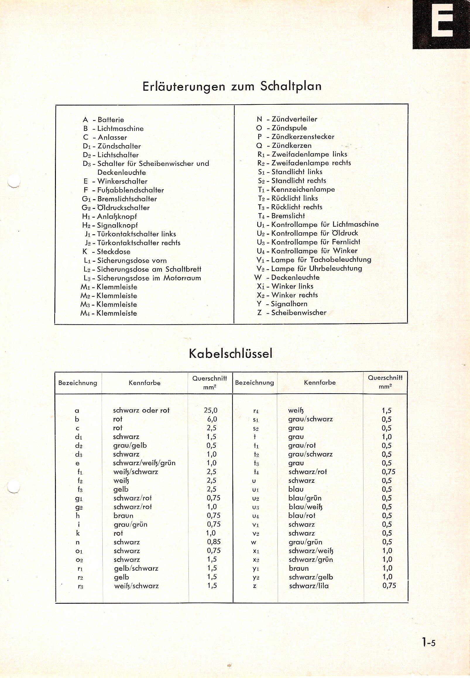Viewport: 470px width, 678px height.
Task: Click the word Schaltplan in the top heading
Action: (x=290, y=86)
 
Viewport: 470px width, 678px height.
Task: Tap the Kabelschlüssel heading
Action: (x=230, y=354)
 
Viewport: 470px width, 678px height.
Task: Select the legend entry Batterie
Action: (x=111, y=120)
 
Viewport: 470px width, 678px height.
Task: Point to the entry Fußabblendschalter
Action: (x=131, y=190)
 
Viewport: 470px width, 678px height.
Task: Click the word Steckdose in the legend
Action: (x=114, y=252)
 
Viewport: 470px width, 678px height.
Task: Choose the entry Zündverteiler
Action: (x=294, y=119)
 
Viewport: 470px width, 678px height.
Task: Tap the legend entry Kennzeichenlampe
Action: (x=303, y=190)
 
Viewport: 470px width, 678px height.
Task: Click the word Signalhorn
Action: (x=289, y=304)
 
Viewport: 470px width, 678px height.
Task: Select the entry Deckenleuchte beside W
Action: (x=295, y=277)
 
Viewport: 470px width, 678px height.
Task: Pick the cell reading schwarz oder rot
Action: (x=141, y=410)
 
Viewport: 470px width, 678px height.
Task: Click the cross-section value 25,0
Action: (x=210, y=410)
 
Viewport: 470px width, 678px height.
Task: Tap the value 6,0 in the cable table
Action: (x=212, y=419)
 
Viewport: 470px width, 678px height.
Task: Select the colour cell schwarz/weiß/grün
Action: (x=144, y=463)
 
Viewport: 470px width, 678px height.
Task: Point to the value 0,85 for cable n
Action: (x=214, y=542)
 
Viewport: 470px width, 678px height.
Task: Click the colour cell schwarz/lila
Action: (x=309, y=586)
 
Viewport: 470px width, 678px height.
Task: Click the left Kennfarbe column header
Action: (x=144, y=383)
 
